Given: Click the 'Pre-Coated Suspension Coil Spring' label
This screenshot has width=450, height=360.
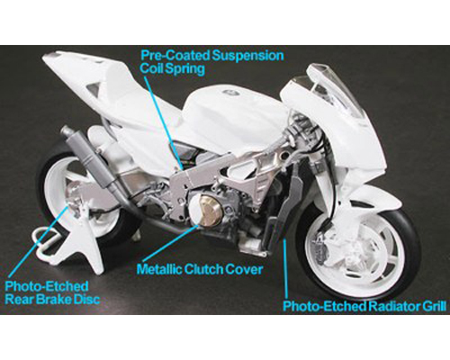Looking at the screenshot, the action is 211,62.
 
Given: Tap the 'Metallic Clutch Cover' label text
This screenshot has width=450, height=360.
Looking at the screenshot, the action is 200,269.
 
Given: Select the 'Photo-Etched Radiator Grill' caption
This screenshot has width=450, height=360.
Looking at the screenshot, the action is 364,307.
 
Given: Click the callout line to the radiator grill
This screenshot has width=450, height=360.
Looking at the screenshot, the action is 286,267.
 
